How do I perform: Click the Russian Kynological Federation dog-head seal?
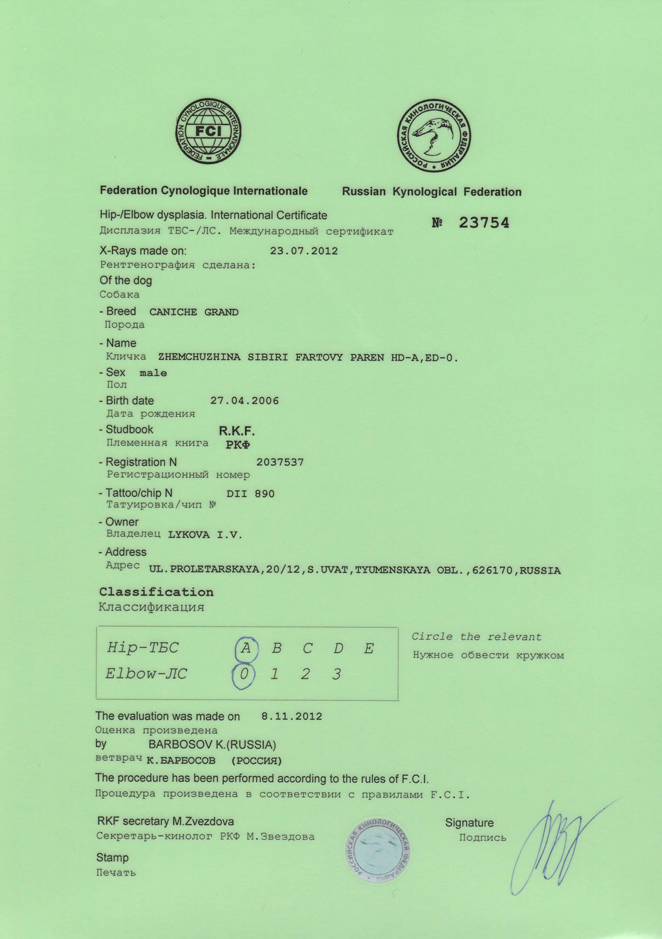434,136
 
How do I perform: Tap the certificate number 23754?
484,223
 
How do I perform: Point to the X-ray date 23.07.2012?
304,251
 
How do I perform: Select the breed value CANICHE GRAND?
194,312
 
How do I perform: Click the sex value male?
153,373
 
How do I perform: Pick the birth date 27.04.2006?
244,401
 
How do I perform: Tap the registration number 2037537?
280,463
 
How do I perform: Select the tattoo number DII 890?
250,494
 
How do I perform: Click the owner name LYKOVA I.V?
205,535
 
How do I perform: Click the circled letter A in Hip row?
246,648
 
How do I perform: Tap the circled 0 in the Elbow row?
244,675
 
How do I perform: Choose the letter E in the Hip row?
369,648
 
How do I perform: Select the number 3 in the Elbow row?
337,674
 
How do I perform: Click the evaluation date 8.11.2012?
291,716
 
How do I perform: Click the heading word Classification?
156,592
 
